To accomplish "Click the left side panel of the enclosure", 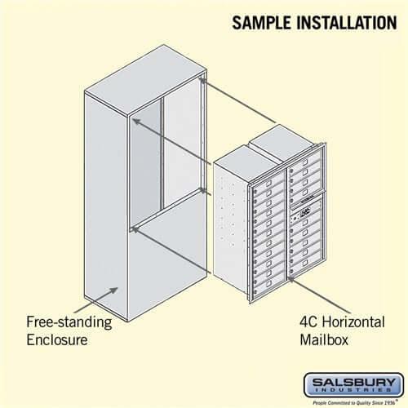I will tap(106, 212).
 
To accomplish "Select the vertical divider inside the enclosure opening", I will tap(162, 155).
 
